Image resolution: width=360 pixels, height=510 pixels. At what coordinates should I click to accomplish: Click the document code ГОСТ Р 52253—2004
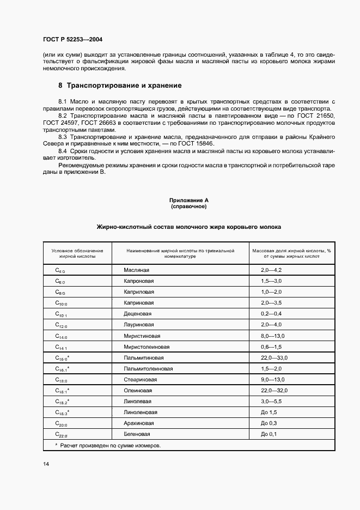coord(72,40)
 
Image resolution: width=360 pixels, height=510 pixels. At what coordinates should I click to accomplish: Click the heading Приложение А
coord(188,201)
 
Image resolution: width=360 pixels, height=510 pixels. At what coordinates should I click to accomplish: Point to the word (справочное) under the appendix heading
coord(188,207)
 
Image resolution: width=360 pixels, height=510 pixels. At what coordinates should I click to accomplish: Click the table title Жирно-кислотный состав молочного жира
coord(188,226)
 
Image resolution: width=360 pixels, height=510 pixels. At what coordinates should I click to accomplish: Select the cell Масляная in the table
coord(136,270)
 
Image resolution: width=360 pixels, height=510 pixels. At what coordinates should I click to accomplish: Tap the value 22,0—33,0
coord(274,357)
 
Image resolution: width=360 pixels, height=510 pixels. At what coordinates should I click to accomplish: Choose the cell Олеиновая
coord(138,391)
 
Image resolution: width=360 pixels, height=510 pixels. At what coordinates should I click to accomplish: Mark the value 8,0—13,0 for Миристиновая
coord(272,336)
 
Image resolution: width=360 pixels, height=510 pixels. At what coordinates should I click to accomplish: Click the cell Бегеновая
coord(137,434)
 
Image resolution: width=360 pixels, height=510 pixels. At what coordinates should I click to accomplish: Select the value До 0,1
coord(269,434)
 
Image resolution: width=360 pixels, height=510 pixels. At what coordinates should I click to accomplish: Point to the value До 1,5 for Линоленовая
coord(269,412)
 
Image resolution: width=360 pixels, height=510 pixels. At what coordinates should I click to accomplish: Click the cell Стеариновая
coord(140,380)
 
